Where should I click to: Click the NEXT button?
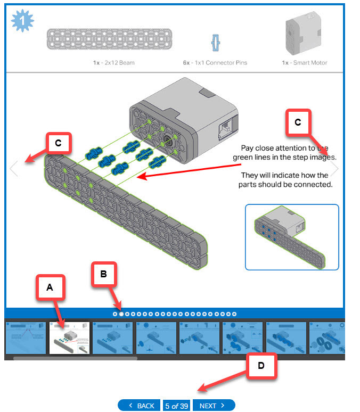pyautogui.click(x=213, y=406)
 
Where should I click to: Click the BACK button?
pyautogui.click(x=140, y=406)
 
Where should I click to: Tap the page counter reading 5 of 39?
pyautogui.click(x=177, y=406)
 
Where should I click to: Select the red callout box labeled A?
pyautogui.click(x=50, y=287)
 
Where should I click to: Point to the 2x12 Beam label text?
pyautogui.click(x=113, y=63)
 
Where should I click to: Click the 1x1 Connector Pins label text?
pyautogui.click(x=215, y=63)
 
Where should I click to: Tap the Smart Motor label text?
pyautogui.click(x=305, y=63)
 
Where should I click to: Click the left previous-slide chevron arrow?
pyautogui.click(x=14, y=169)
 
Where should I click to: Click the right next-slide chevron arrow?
pyautogui.click(x=335, y=169)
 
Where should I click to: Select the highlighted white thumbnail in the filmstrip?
pyautogui.click(x=69, y=337)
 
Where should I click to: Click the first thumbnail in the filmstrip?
pyautogui.click(x=26, y=337)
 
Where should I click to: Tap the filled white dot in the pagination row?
pyautogui.click(x=121, y=314)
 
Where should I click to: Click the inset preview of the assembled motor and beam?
pyautogui.click(x=292, y=237)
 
